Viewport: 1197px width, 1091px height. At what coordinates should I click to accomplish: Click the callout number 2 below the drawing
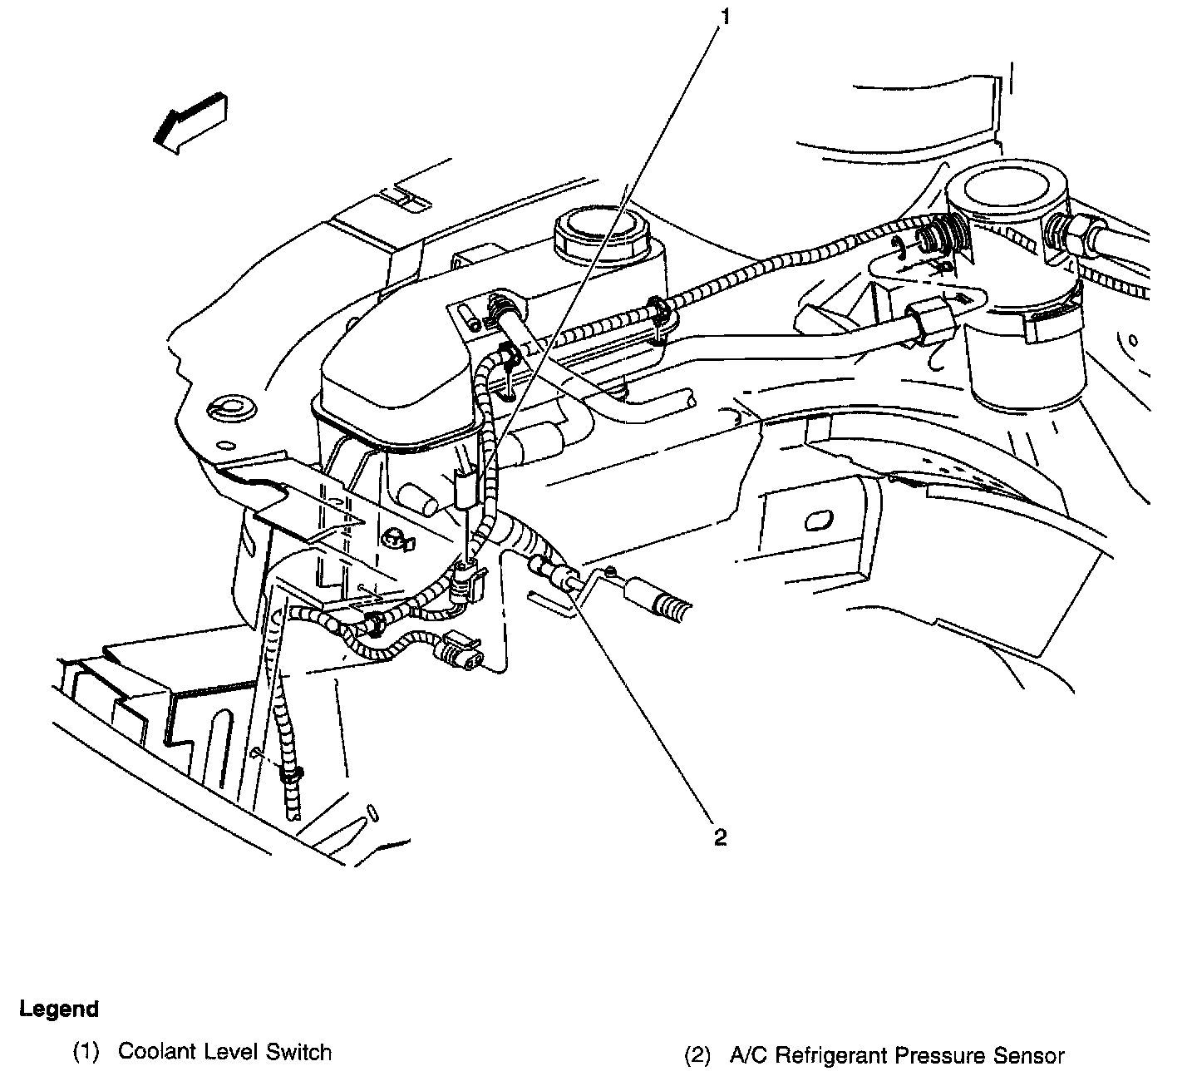pos(720,837)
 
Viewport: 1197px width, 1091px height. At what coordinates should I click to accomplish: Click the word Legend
pos(59,1010)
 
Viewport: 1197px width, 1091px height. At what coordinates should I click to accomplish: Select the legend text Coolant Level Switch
pos(224,1052)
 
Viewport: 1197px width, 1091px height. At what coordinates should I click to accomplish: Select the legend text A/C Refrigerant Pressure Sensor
pos(897,1057)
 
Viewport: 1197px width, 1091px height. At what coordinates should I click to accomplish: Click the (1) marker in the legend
pos(86,1053)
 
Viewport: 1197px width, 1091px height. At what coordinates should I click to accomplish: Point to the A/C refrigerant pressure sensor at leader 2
pos(553,573)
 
